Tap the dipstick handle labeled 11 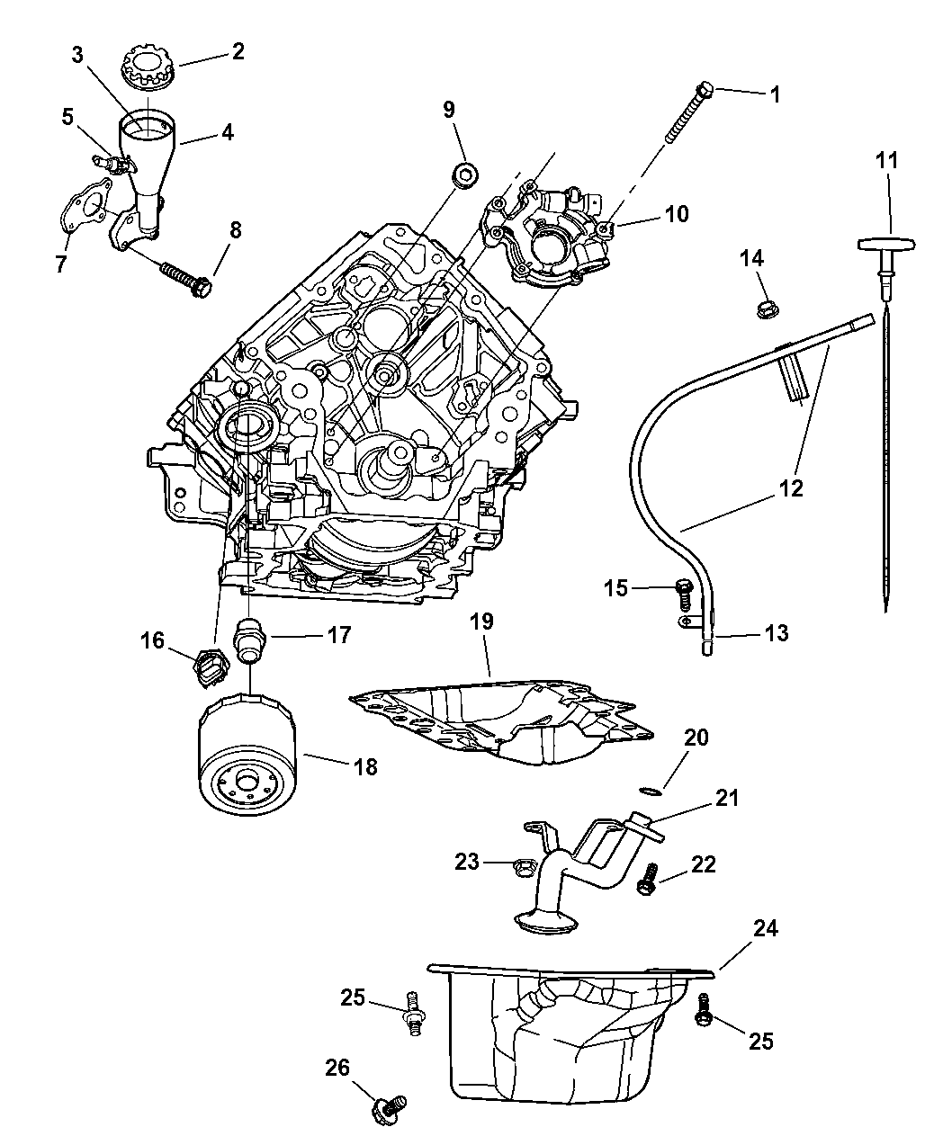click(x=887, y=245)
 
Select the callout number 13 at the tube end click(x=775, y=633)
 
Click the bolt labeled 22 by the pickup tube click(x=645, y=880)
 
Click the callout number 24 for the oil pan click(x=766, y=927)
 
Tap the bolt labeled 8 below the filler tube click(x=184, y=276)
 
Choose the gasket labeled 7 click(x=86, y=207)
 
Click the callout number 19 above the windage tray click(x=481, y=622)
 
